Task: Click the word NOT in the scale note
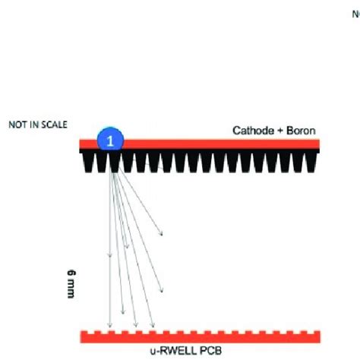[x=16, y=123]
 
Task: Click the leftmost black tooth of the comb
[x=85, y=160]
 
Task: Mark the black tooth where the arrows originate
[x=115, y=160]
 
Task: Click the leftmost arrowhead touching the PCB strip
[x=111, y=324]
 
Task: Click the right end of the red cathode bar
[x=317, y=144]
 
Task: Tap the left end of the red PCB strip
[x=84, y=336]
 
